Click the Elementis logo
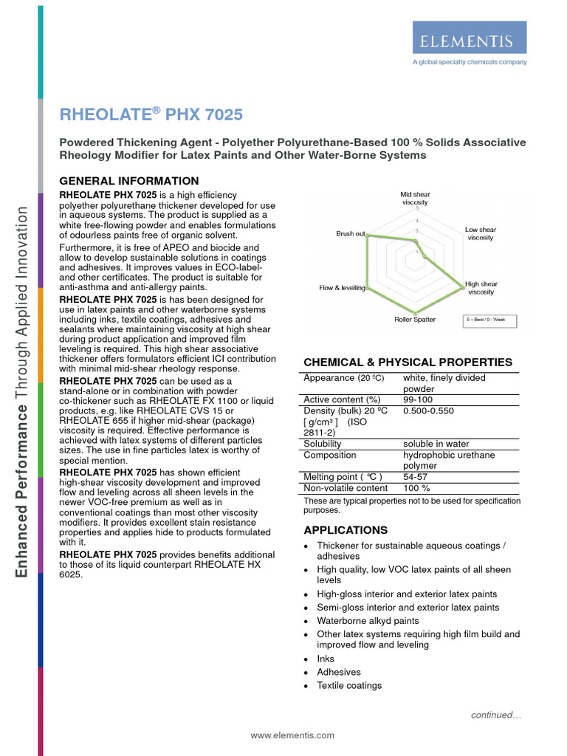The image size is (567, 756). pyautogui.click(x=469, y=38)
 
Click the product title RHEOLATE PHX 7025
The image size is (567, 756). pyautogui.click(x=150, y=114)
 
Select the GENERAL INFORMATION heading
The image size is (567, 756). pyautogui.click(x=128, y=181)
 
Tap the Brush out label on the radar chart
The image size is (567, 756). pyautogui.click(x=351, y=234)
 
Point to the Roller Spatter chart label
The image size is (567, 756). pyautogui.click(x=414, y=320)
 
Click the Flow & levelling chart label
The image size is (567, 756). pyautogui.click(x=342, y=288)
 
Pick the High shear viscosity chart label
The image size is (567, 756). pyautogui.click(x=481, y=288)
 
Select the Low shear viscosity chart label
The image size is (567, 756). pyautogui.click(x=481, y=233)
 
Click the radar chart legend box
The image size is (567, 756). pyautogui.click(x=490, y=321)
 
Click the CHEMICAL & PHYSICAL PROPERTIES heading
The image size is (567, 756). pyautogui.click(x=408, y=362)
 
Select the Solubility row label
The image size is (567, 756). pyautogui.click(x=323, y=444)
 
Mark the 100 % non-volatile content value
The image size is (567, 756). pyautogui.click(x=416, y=488)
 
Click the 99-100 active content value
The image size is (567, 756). pyautogui.click(x=419, y=399)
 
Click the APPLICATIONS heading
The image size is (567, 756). pyautogui.click(x=346, y=530)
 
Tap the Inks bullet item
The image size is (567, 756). pyautogui.click(x=326, y=659)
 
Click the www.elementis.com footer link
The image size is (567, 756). pyautogui.click(x=292, y=735)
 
